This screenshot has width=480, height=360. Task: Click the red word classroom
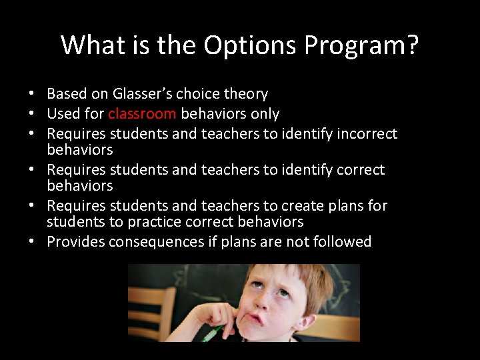point(142,114)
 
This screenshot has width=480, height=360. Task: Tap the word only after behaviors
point(264,114)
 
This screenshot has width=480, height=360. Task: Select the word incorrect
point(365,134)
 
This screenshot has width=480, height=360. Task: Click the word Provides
point(74,242)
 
